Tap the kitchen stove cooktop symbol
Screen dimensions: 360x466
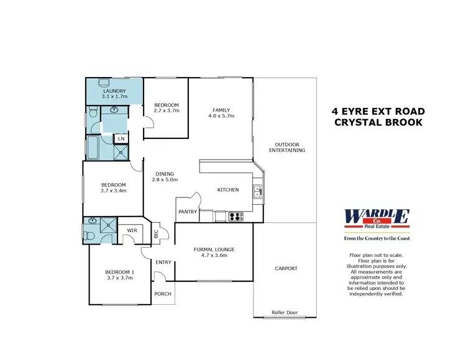click(237, 217)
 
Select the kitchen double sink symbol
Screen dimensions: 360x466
click(257, 192)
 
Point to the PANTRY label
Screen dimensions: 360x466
click(188, 212)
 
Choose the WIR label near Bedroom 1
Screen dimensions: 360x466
click(131, 230)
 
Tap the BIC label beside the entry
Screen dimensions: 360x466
click(156, 233)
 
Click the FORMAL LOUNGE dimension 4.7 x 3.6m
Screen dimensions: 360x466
click(214, 255)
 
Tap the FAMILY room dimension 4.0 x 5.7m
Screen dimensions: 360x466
click(221, 115)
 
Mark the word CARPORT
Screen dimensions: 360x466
click(286, 269)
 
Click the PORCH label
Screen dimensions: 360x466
click(163, 294)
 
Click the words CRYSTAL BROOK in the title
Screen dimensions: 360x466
click(378, 122)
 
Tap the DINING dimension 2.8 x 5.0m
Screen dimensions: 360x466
click(165, 180)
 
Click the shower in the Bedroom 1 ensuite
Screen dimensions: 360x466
click(111, 224)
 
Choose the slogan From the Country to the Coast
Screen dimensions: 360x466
click(377, 238)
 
